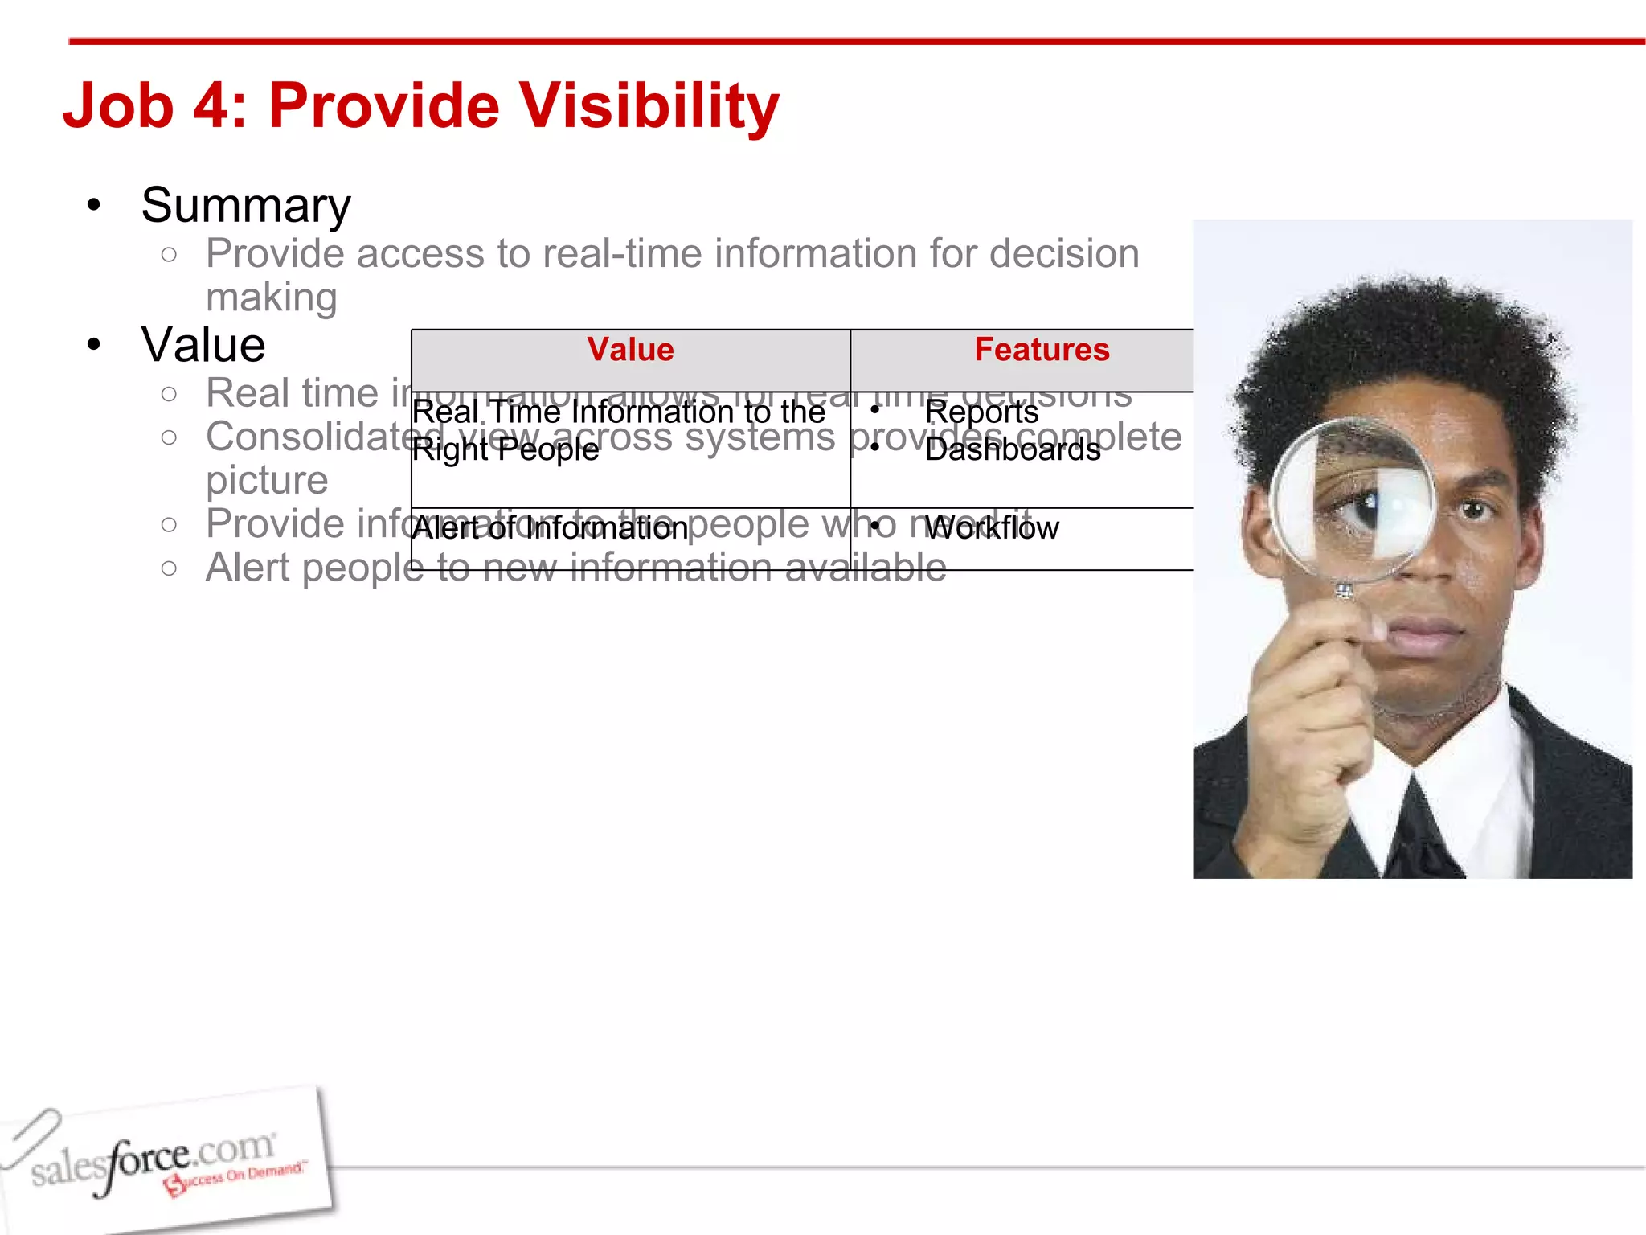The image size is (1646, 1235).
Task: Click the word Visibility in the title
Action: (649, 106)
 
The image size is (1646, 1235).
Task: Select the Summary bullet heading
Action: (246, 205)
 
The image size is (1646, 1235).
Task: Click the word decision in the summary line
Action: (1064, 253)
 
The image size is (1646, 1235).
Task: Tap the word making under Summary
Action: (271, 297)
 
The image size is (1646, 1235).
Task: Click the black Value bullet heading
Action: (203, 345)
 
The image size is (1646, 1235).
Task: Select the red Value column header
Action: (630, 350)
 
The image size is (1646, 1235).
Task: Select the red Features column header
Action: (1042, 350)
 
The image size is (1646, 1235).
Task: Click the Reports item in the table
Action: (981, 412)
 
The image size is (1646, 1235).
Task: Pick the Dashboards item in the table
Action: (1013, 449)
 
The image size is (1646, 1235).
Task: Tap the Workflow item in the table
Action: (992, 528)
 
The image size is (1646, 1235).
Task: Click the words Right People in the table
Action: (505, 449)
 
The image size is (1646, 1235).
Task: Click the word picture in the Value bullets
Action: (267, 481)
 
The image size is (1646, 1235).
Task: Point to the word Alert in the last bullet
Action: (248, 568)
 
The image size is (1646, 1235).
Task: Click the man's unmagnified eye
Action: (1474, 509)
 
